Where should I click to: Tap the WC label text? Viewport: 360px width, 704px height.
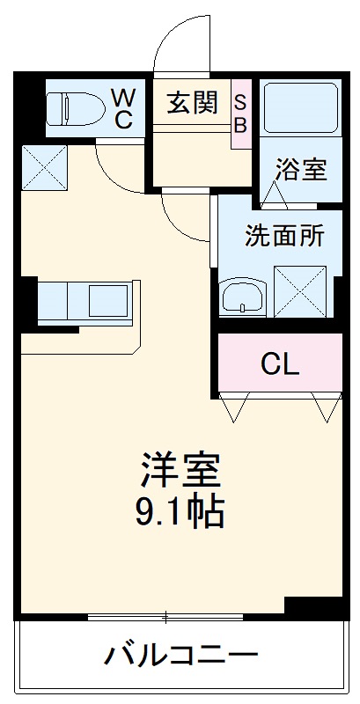click(122, 107)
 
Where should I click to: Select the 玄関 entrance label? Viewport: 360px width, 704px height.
click(192, 104)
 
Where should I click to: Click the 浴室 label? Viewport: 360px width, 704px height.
click(300, 169)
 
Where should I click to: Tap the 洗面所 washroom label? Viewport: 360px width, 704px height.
click(283, 236)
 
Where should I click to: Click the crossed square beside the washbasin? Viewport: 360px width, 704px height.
click(300, 289)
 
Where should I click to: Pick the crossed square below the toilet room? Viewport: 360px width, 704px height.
click(45, 164)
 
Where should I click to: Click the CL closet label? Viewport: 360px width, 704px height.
click(280, 363)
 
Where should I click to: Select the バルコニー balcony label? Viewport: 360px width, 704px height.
click(182, 656)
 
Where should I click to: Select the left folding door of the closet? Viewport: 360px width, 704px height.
click(235, 407)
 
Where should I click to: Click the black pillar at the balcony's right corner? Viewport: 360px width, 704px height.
click(314, 607)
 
